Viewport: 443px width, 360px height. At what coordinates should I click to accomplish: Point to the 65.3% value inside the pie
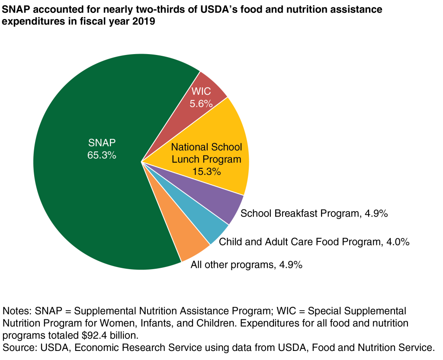coord(102,155)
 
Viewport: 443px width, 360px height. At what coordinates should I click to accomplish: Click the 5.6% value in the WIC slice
coord(202,103)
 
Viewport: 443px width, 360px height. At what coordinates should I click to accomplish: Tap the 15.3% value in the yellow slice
coord(206,171)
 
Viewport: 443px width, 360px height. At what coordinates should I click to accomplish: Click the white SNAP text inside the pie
coord(102,143)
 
